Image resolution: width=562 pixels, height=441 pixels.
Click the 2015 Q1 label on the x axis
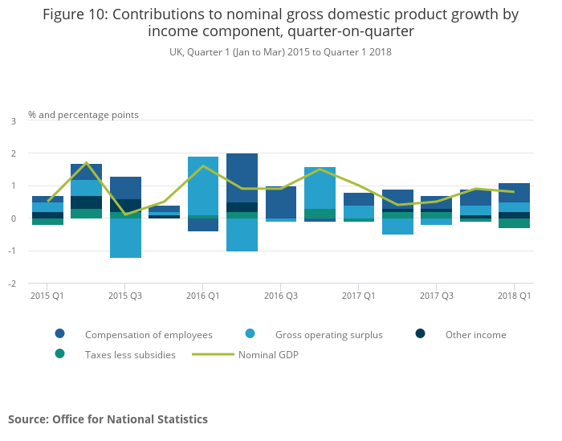(x=47, y=296)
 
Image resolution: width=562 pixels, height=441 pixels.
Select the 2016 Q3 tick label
(x=281, y=296)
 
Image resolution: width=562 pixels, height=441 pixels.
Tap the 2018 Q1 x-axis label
(x=514, y=296)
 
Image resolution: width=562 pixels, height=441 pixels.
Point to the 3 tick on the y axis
(x=13, y=121)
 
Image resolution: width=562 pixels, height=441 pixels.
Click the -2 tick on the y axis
(x=12, y=284)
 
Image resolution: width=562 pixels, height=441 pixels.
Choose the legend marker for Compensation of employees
(x=60, y=334)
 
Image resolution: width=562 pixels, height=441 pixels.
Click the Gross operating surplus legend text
(x=329, y=335)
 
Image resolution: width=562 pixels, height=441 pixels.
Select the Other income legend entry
(x=476, y=335)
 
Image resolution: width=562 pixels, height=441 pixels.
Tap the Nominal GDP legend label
(x=268, y=354)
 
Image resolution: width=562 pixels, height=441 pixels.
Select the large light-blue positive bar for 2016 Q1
(x=203, y=186)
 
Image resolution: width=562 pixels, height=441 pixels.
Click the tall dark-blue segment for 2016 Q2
(x=242, y=178)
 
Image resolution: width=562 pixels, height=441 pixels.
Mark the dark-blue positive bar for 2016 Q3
(x=281, y=202)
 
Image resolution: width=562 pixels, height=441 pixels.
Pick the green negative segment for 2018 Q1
(x=514, y=223)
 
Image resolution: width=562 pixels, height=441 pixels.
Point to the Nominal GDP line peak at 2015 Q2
(x=86, y=163)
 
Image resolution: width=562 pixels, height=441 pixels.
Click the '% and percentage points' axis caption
(x=83, y=115)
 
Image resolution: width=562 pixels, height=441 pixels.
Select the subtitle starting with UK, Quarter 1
(x=280, y=52)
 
